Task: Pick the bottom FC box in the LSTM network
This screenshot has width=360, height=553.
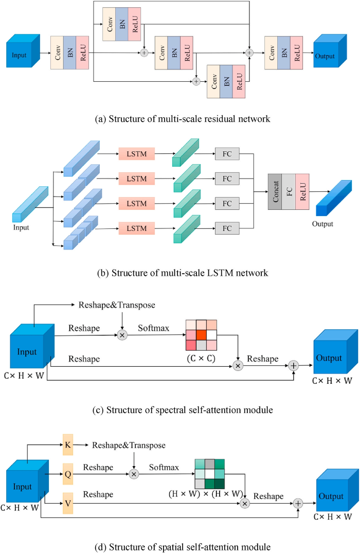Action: click(227, 227)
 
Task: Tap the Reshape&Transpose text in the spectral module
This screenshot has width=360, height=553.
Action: click(117, 306)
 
